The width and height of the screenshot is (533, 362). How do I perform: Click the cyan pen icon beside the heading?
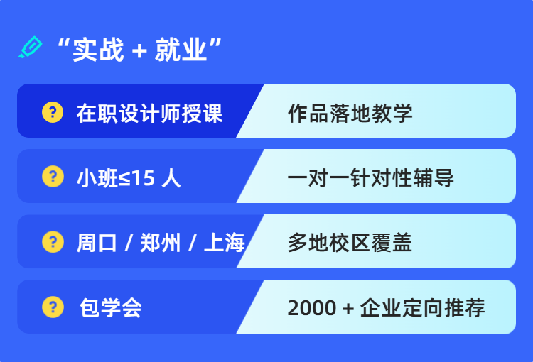[x=31, y=48]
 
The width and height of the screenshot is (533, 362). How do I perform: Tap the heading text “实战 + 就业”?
[x=139, y=50]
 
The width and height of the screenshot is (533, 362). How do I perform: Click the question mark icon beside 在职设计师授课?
[x=53, y=112]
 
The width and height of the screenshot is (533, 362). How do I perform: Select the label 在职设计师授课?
[x=149, y=113]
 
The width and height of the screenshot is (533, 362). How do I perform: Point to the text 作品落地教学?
[x=350, y=113]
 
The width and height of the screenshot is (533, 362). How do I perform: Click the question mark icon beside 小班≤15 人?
[x=53, y=177]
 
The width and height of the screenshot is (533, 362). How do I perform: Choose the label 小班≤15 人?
[x=129, y=177]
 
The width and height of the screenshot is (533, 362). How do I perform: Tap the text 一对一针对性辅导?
[x=370, y=177]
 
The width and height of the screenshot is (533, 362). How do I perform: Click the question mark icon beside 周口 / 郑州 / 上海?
[x=53, y=242]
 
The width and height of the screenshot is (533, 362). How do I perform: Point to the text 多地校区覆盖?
[x=350, y=243]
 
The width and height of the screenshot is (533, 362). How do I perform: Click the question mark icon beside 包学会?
[x=53, y=307]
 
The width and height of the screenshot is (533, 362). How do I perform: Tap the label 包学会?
[x=111, y=308]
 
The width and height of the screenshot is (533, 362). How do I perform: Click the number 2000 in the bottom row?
[x=311, y=309]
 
